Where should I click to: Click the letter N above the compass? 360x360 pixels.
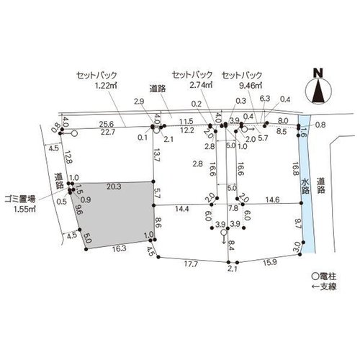(318, 73)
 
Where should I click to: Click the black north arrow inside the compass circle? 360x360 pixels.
(318, 91)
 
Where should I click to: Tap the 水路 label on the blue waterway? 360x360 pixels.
(305, 186)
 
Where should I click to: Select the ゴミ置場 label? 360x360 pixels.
(20, 199)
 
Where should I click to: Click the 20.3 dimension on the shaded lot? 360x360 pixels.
(114, 186)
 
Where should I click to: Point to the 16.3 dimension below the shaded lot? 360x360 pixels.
(120, 248)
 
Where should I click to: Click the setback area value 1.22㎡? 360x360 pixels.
(106, 86)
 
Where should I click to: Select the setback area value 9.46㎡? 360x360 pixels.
(251, 86)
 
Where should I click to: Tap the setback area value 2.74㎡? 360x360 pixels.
(201, 85)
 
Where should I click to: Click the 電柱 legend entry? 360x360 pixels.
(324, 276)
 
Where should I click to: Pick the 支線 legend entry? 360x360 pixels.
(324, 287)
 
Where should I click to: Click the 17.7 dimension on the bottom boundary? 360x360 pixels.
(191, 264)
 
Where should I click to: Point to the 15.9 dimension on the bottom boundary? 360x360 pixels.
(270, 263)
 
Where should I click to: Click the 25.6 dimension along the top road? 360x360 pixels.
(107, 124)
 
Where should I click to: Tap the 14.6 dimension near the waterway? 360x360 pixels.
(272, 199)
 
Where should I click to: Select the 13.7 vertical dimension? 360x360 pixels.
(157, 156)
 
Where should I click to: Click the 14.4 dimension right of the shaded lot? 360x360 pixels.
(181, 209)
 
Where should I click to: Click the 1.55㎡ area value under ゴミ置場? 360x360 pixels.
(25, 210)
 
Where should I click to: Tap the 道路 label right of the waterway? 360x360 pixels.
(320, 185)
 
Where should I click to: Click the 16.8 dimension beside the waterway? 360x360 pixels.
(295, 168)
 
